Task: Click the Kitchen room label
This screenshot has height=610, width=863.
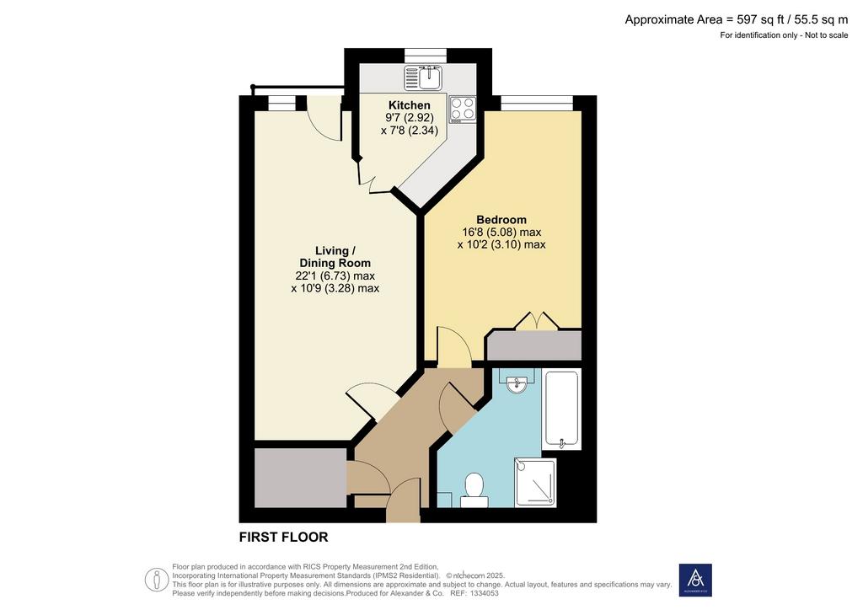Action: click(x=409, y=105)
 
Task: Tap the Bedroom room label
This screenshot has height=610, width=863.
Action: click(x=501, y=219)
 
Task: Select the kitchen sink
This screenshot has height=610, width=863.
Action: click(x=422, y=78)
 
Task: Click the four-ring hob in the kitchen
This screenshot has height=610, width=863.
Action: click(x=463, y=109)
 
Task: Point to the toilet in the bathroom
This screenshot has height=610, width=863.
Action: click(x=474, y=490)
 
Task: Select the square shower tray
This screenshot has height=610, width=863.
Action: click(x=535, y=483)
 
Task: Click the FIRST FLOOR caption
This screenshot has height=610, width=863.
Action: click(x=283, y=537)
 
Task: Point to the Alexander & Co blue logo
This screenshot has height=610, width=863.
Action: click(x=695, y=580)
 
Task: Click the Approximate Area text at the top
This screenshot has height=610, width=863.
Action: click(x=737, y=20)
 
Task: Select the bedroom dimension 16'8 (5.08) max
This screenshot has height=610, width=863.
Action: click(x=501, y=232)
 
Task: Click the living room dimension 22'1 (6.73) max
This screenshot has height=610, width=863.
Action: click(x=335, y=276)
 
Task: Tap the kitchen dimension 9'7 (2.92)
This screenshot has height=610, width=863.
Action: click(x=410, y=118)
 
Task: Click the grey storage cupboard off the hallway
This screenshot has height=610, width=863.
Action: click(x=301, y=478)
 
